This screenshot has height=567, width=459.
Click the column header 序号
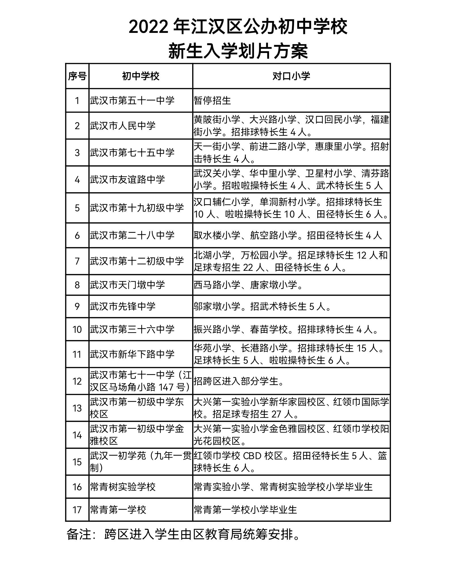tap(77, 76)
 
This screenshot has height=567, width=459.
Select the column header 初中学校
tap(141, 76)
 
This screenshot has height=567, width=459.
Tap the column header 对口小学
tap(291, 76)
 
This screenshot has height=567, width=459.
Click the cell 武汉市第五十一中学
tap(132, 101)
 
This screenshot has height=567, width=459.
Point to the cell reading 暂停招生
tap(212, 101)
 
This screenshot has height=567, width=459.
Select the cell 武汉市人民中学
tap(123, 125)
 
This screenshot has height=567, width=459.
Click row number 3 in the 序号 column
tap(77, 153)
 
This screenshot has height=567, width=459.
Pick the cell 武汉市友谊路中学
tap(127, 180)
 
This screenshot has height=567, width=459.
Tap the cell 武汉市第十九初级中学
tap(137, 208)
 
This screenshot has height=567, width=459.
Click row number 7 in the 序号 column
tap(77, 261)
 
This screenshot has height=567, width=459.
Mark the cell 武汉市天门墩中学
tap(127, 285)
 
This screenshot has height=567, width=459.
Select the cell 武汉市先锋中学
tap(123, 306)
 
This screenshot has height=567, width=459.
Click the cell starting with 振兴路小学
tap(286, 329)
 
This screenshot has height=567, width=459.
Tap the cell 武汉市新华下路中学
tap(132, 354)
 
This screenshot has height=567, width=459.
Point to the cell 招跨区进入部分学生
tap(239, 381)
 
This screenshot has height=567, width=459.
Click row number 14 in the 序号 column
tap(77, 435)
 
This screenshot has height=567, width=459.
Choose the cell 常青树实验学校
tap(123, 487)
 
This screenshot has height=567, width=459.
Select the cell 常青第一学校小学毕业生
tap(245, 510)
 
